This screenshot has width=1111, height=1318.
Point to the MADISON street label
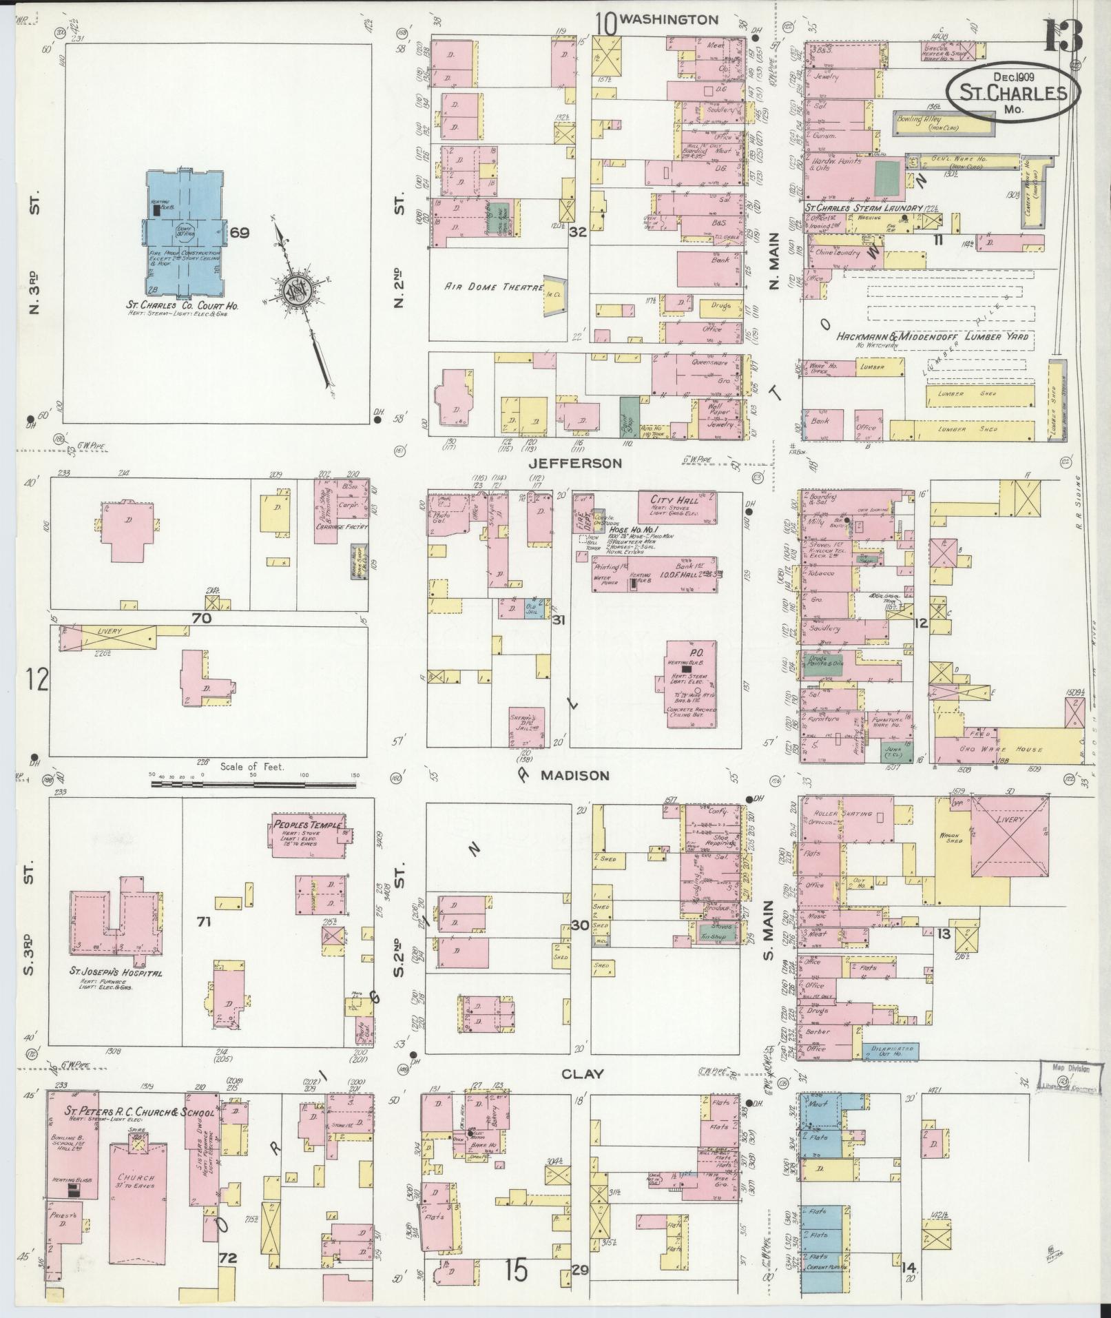click(574, 775)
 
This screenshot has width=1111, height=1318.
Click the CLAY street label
click(583, 1073)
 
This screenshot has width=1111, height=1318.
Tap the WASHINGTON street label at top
click(669, 20)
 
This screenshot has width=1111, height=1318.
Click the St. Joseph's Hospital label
click(116, 973)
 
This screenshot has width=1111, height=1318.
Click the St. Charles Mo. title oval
click(1011, 92)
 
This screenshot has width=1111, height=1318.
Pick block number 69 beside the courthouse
click(239, 233)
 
